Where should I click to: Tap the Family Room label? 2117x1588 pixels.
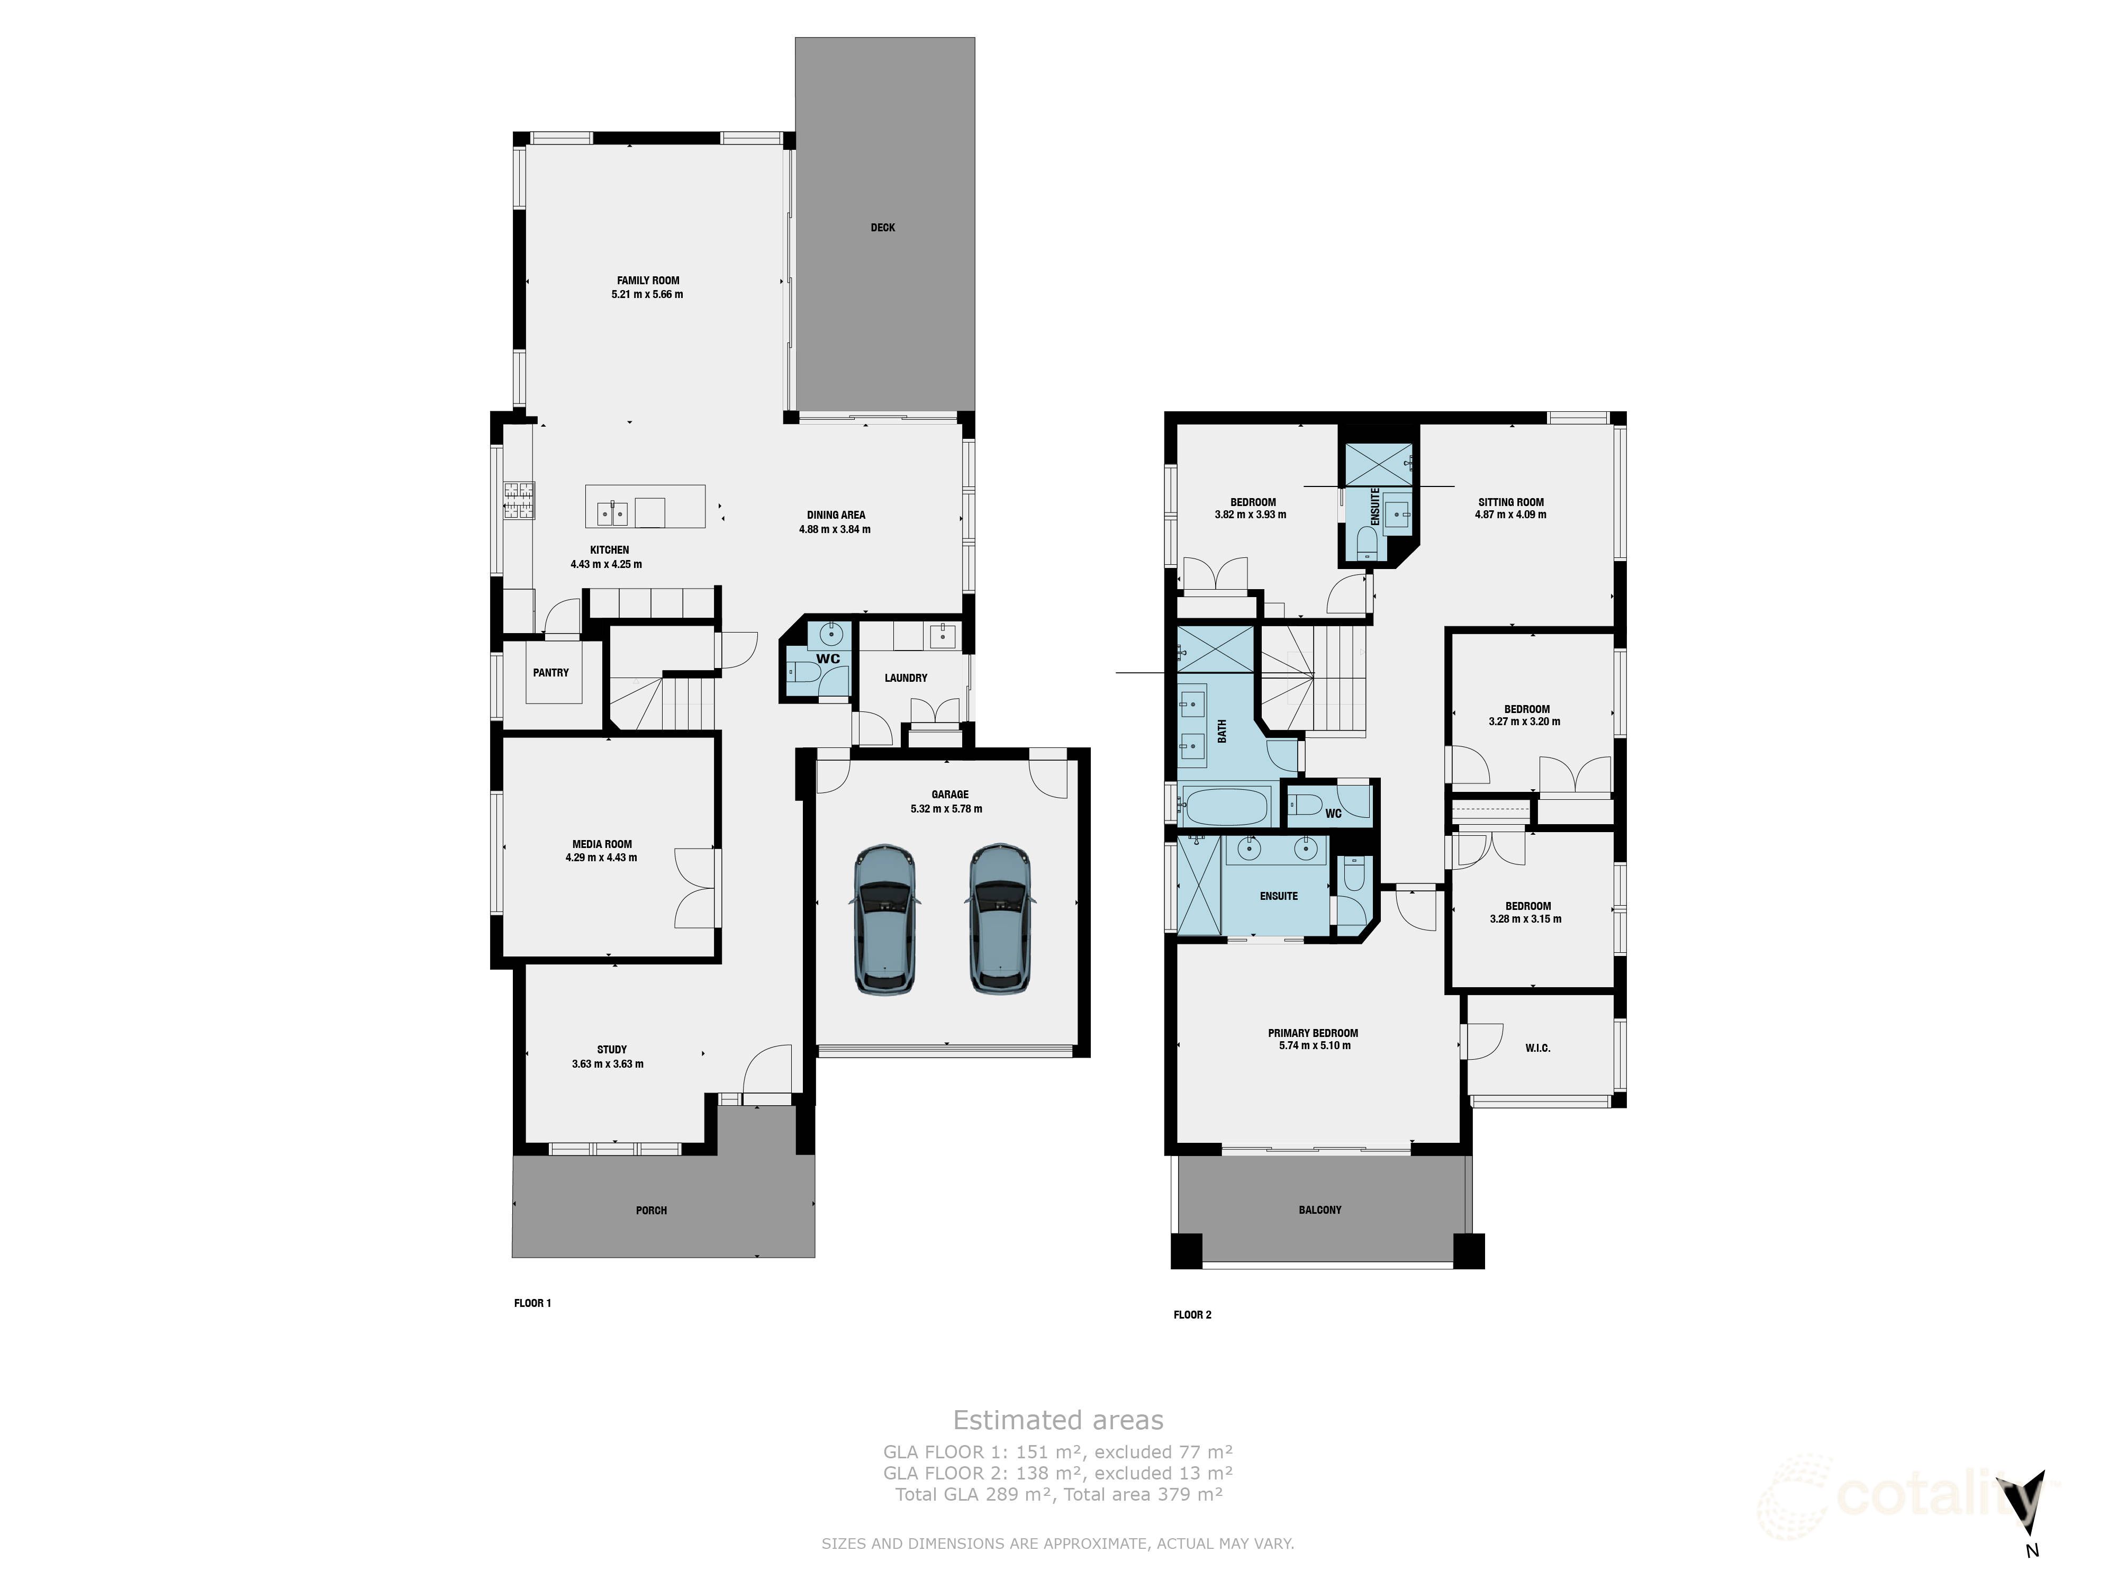click(648, 281)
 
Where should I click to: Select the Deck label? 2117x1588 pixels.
click(882, 228)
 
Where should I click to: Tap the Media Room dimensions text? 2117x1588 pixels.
click(601, 858)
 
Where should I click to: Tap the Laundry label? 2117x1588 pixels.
click(906, 678)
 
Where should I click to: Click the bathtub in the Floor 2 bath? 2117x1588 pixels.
click(1226, 806)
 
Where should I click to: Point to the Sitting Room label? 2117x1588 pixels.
click(1510, 502)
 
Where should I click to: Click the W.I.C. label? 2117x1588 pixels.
click(1537, 1048)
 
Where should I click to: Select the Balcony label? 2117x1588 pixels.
click(1320, 1210)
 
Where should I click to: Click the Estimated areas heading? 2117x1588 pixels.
click(1057, 1421)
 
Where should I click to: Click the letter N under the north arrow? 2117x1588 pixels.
click(2032, 1551)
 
